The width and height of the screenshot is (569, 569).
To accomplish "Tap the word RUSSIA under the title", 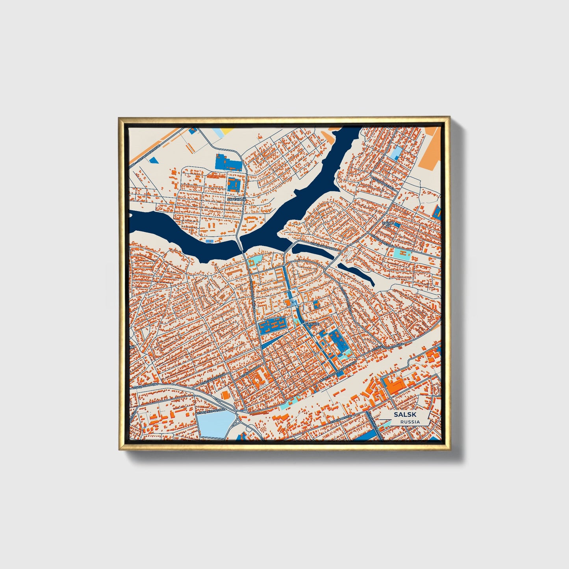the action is click(410, 422).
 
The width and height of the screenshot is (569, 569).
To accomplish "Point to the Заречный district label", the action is click(236, 200).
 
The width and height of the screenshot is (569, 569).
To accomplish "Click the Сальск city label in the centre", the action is click(312, 324).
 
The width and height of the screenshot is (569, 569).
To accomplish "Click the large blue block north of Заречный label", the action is click(228, 162).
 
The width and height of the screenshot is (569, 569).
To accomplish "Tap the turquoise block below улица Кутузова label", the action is click(402, 253).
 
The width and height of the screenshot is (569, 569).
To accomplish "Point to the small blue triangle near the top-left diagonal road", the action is click(155, 160).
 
